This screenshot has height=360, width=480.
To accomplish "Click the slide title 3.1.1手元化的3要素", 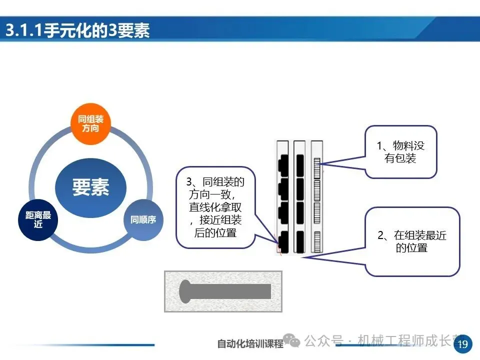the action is pos(77,31).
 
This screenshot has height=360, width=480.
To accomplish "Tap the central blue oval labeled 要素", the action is pos(90,188).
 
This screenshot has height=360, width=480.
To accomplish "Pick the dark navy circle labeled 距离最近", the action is pos(38,220).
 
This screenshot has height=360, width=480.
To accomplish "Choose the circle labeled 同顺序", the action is pos(143,219).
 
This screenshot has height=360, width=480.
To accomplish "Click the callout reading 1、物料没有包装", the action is pos(400,152).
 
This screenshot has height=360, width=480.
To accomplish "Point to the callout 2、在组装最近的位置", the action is pos(412,241).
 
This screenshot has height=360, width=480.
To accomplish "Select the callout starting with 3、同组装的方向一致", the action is pos(215,207).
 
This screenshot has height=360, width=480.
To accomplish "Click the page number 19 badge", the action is pos(462,343).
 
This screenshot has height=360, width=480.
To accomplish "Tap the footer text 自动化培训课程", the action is pos(250,344).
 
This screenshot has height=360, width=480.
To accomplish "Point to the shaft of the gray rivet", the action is pos(230,291).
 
